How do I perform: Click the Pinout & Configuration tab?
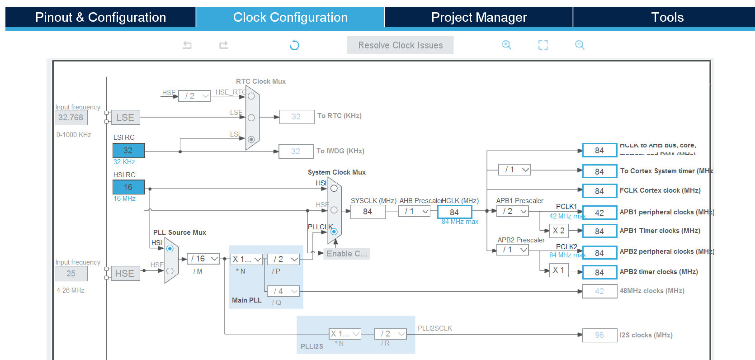100,17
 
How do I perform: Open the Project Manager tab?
479,17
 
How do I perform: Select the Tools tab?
667,17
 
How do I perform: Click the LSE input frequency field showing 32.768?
71,118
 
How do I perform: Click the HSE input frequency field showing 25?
71,274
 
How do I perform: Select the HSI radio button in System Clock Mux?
334,188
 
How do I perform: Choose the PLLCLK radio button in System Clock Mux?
334,232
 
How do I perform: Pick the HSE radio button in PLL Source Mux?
170,271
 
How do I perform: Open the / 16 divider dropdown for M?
203,259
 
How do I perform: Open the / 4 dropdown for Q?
283,291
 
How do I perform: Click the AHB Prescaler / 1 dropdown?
414,211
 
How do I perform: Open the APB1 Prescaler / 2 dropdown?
513,211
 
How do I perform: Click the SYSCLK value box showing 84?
368,212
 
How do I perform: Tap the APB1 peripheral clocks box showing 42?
599,213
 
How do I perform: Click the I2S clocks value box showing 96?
599,335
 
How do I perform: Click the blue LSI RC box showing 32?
128,151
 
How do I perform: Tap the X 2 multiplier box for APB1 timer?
559,231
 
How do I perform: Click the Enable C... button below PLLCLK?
347,254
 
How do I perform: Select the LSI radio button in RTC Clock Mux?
251,139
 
